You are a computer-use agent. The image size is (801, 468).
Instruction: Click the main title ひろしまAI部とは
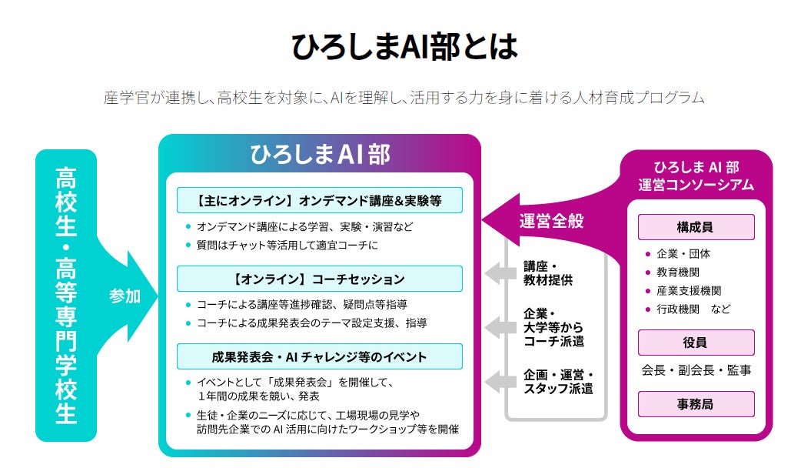click(404, 46)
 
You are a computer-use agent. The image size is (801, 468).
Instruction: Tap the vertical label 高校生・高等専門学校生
click(66, 295)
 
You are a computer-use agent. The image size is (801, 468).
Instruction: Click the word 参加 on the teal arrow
click(125, 296)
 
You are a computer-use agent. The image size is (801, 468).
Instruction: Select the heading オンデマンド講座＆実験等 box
click(320, 201)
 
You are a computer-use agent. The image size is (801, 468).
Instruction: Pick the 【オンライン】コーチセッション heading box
click(320, 279)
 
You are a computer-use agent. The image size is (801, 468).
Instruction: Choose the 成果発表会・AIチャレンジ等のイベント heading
click(320, 357)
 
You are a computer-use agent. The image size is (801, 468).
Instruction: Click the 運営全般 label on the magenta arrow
click(551, 221)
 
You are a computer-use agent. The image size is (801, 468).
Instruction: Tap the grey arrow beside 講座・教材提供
click(500, 272)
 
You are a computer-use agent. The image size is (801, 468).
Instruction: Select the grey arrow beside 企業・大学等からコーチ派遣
click(500, 327)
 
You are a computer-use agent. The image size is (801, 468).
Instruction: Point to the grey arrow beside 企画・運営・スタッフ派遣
click(500, 380)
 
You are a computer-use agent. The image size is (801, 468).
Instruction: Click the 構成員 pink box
click(696, 227)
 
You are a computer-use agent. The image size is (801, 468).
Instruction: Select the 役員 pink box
click(696, 343)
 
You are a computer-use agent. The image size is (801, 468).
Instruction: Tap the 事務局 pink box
click(696, 403)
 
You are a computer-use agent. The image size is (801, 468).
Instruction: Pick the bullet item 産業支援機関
click(688, 290)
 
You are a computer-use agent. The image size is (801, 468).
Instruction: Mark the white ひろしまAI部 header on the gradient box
click(320, 155)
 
